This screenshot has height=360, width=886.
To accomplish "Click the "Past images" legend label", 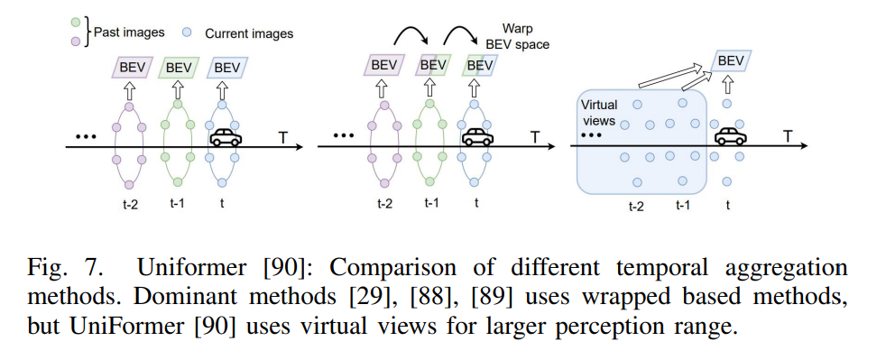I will coord(130,33).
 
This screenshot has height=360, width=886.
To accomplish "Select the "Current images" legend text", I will coord(249,33).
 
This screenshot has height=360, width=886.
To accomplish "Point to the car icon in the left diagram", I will coord(226,138).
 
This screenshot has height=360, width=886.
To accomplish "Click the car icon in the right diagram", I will coord(732,136).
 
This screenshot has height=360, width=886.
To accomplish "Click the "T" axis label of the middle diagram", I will coord(535,136).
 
